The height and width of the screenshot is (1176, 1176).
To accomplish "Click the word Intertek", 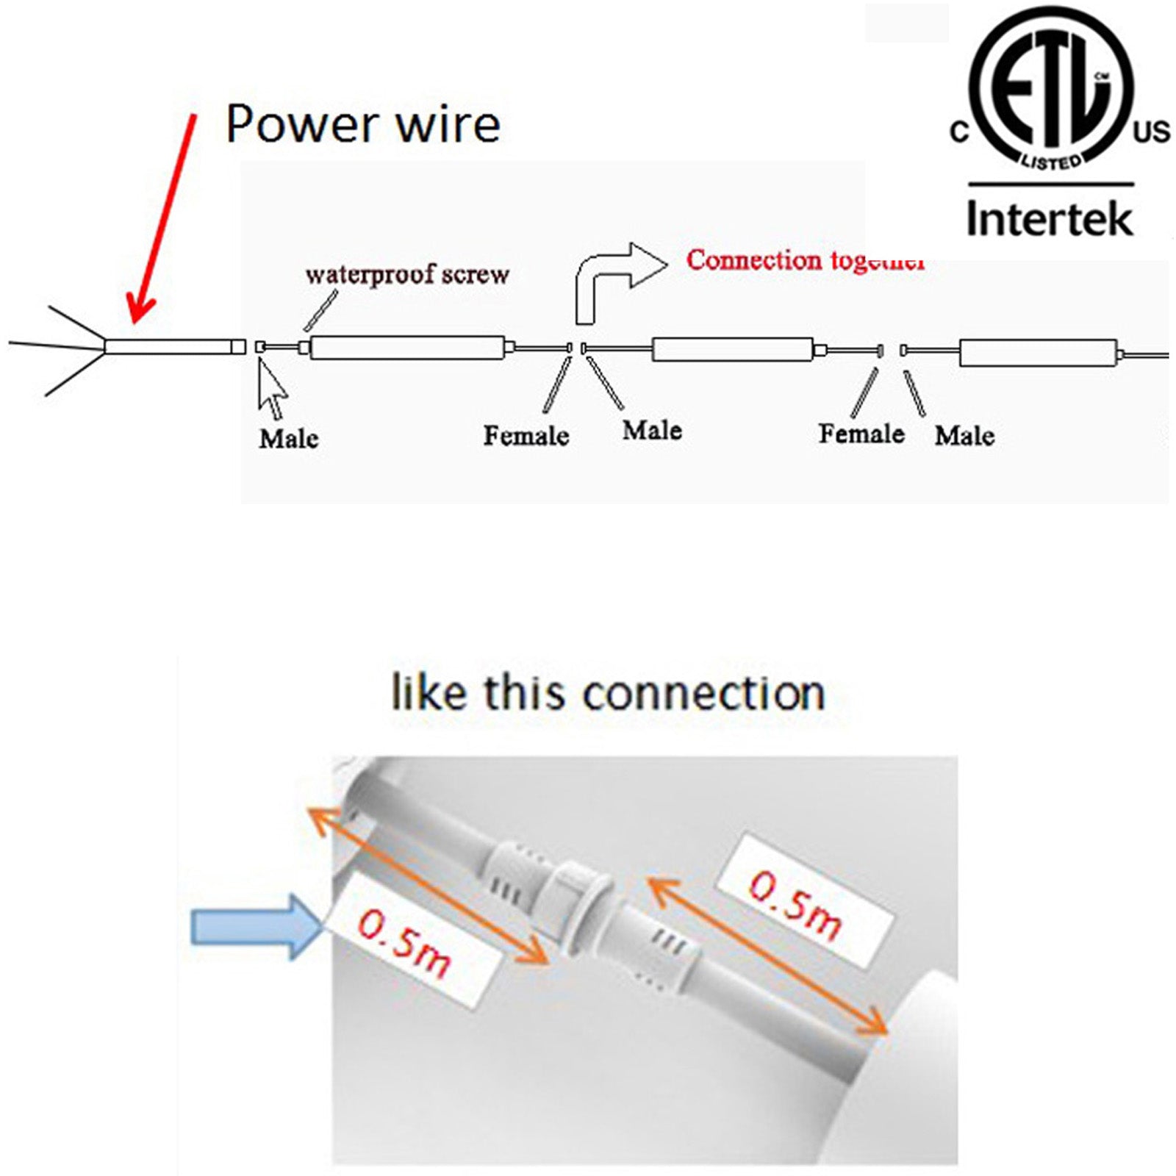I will [1050, 218].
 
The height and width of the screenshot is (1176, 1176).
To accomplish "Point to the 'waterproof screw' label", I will [407, 274].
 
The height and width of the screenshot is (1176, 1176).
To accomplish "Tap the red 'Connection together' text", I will [805, 260].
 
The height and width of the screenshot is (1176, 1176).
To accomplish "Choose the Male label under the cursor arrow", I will [289, 439].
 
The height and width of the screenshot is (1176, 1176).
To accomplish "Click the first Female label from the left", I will [526, 436].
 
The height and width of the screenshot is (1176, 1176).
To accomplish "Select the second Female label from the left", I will [861, 434].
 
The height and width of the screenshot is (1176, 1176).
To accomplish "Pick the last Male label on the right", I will [964, 436].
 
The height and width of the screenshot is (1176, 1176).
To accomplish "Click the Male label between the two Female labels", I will [653, 431].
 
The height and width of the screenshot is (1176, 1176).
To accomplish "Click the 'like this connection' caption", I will [608, 693].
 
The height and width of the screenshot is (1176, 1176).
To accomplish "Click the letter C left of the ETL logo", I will [959, 132].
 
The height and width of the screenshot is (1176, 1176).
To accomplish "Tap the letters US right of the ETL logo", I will [1151, 132].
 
